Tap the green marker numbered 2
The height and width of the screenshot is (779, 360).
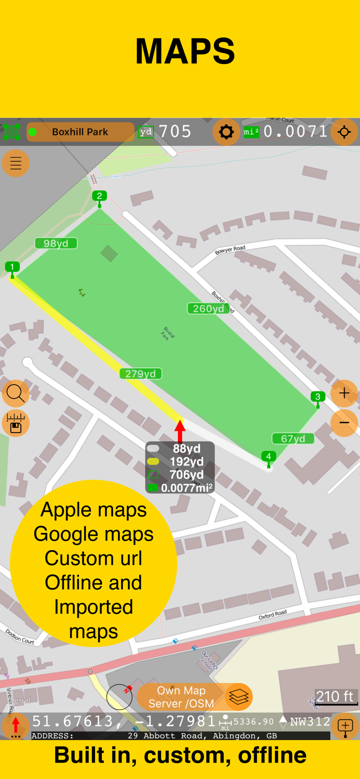pos(99,196)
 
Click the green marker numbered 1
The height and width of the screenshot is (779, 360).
pos(12,267)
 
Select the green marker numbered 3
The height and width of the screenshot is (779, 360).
pos(318,397)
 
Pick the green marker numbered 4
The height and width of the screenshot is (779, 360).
pos(268,456)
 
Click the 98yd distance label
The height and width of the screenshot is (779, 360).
pos(56,243)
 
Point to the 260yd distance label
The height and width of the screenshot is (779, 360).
pos(208,308)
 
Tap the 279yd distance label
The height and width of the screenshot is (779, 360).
pos(140,373)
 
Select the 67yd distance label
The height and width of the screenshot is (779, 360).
pos(293,438)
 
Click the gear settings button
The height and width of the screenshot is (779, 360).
pos(226,132)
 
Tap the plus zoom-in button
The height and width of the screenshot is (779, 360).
pos(344,393)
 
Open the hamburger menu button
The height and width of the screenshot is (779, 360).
pos(16,163)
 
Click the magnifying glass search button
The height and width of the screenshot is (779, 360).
pos(15,393)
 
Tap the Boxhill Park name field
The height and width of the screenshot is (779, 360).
pos(80,132)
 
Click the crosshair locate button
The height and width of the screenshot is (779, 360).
pos(344,132)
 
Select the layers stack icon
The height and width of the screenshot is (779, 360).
pos(238,696)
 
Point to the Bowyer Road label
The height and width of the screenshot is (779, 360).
pos(230,249)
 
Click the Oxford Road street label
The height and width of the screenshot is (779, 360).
pos(272,614)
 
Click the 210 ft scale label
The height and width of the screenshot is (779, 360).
pos(335,696)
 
